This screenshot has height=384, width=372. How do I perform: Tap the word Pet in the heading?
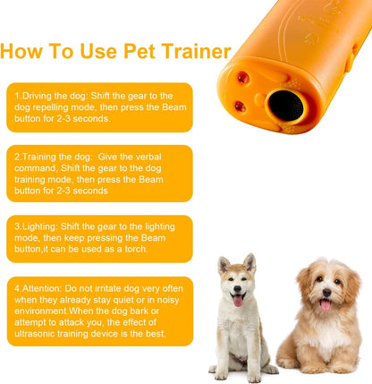click(x=139, y=51)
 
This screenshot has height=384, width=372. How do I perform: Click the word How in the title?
click(x=21, y=51)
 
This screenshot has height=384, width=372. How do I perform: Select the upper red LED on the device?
click(x=243, y=78)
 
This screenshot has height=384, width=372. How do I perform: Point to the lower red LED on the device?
click(x=241, y=107)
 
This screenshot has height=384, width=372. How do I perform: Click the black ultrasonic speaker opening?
click(x=285, y=106)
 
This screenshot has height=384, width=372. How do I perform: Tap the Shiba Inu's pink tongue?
click(x=238, y=301)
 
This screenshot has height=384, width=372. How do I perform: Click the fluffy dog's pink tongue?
click(x=325, y=305)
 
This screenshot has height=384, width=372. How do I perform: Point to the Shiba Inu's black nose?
click(x=237, y=288)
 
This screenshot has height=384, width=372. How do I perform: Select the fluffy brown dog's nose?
click(x=326, y=293)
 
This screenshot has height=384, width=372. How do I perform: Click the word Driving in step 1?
click(x=37, y=96)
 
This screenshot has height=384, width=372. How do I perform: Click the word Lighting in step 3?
click(x=39, y=226)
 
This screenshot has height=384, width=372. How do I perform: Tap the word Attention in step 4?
click(x=42, y=288)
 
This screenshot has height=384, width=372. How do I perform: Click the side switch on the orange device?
click(x=351, y=61)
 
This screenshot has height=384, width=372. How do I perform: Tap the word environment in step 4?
click(x=41, y=311)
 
